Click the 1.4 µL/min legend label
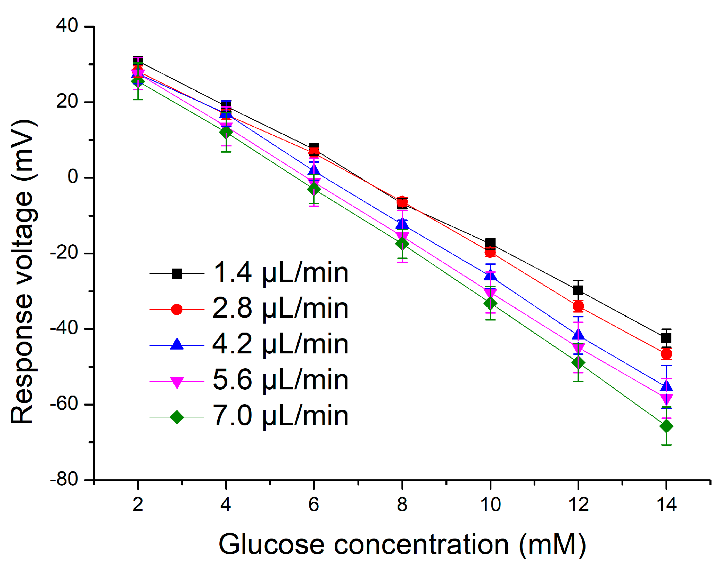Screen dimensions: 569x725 click(280, 273)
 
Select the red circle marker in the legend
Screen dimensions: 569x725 click(176, 309)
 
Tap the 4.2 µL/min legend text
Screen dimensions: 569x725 click(280, 345)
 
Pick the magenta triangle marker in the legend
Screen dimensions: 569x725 click(176, 382)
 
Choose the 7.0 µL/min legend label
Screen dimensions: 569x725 click(280, 417)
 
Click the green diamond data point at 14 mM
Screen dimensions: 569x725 click(666, 426)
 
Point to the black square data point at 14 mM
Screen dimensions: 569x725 click(666, 338)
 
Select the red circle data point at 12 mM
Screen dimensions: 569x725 click(578, 306)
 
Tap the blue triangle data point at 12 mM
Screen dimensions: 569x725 click(578, 335)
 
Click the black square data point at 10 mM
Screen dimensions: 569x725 click(490, 243)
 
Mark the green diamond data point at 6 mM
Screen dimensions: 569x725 click(314, 189)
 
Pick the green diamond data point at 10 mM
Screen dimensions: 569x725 click(490, 303)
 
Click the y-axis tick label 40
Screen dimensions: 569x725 click(67, 26)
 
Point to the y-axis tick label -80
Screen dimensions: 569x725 click(64, 480)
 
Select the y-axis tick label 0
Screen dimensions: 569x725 click(73, 177)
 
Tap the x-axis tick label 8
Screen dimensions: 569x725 click(402, 505)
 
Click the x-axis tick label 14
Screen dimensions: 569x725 click(666, 505)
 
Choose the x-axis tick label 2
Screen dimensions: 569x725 click(138, 505)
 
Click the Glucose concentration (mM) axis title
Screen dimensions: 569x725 click(402, 545)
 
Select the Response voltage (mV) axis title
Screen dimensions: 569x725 click(22, 272)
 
